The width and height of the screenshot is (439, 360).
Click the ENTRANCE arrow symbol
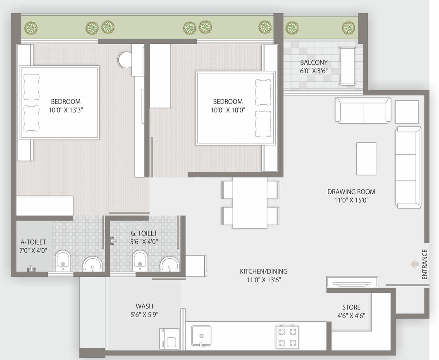pyautogui.click(x=414, y=264)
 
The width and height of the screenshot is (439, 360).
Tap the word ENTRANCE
pyautogui.click(x=425, y=264)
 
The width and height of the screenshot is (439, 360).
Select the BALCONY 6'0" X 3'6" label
pyautogui.click(x=314, y=66)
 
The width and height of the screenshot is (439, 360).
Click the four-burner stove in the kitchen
pyautogui.click(x=287, y=337)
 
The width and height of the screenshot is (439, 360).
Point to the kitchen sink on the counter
pyautogui.click(x=201, y=336)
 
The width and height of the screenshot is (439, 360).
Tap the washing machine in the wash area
pyautogui.click(x=169, y=338)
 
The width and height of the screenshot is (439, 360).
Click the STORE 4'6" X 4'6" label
pyautogui.click(x=351, y=311)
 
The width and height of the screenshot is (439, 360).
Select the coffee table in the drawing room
pyautogui.click(x=366, y=158)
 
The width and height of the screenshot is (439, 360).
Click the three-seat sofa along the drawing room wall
pyautogui.click(x=408, y=167)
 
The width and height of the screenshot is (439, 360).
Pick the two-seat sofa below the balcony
pyautogui.click(x=363, y=110)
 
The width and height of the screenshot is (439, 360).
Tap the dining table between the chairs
pyautogui.click(x=250, y=203)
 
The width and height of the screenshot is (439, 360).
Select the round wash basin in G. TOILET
pyautogui.click(x=170, y=263)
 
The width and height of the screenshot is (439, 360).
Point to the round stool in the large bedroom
pyautogui.click(x=124, y=60)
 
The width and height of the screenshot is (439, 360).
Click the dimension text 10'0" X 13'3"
pyautogui.click(x=66, y=110)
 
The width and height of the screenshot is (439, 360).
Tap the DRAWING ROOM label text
pyautogui.click(x=351, y=192)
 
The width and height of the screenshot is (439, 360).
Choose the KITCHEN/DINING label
pyautogui.click(x=264, y=271)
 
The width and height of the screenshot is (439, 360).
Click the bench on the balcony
pyautogui.click(x=347, y=66)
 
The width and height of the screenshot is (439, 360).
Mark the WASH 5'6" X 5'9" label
pyautogui.click(x=144, y=310)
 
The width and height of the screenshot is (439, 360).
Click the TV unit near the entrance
pyautogui.click(x=352, y=282)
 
